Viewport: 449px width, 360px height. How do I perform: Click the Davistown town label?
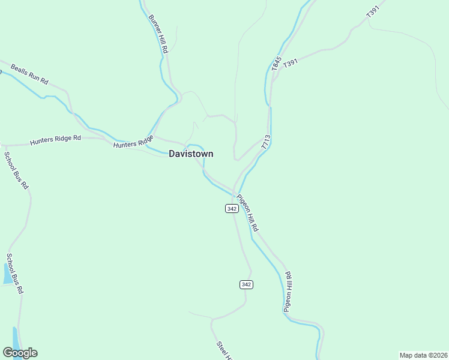[x=191, y=154]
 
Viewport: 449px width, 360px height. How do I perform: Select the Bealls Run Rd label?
[x=27, y=73]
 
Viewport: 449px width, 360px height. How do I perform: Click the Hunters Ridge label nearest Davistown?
[x=134, y=142]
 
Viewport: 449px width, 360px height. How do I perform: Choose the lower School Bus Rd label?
[x=15, y=273]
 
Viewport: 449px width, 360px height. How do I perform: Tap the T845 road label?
[x=276, y=64]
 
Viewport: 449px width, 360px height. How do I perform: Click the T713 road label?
[x=267, y=142]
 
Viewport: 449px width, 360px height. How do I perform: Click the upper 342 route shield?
[x=232, y=208]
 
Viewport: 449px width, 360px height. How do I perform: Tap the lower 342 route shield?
[x=246, y=284]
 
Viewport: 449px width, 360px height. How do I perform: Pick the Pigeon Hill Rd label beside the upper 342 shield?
[x=247, y=213]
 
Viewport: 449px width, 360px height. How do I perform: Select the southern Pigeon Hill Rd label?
[x=288, y=292]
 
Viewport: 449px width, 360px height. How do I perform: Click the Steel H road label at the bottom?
[x=223, y=350]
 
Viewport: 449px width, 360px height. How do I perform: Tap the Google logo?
[x=20, y=353]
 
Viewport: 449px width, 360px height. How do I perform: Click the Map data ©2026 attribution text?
[x=423, y=355]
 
